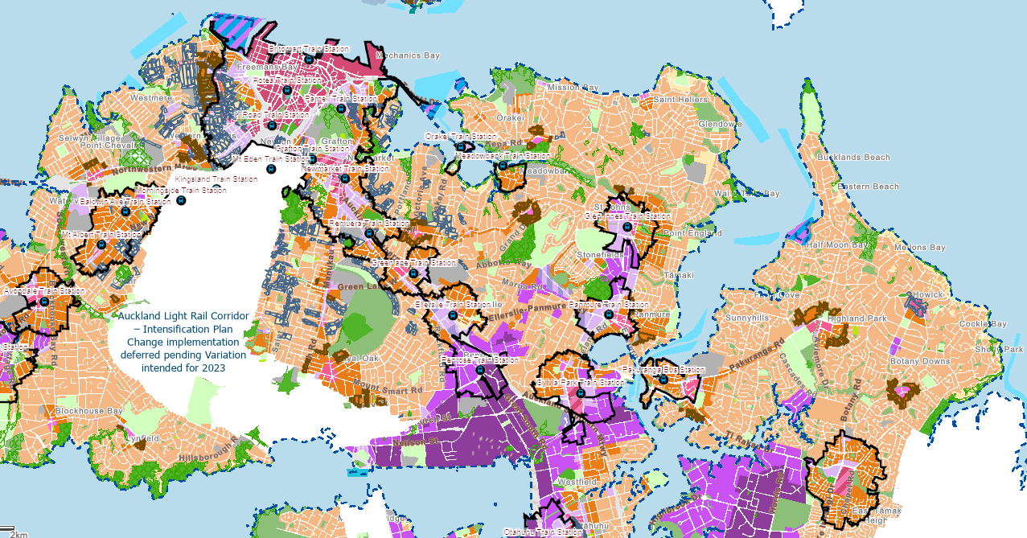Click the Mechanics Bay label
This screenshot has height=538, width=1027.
pos(408,55)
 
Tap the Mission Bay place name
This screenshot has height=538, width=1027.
pos(573,87)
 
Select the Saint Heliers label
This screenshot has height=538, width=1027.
pos(680,99)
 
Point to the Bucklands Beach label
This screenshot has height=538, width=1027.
pos(853,158)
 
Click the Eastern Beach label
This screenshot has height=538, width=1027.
pos(868,187)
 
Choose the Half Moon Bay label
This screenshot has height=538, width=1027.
pos(838,244)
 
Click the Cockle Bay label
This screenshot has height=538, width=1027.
pos(983,324)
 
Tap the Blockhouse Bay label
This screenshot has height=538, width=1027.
pos(89,411)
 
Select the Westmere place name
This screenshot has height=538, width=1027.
pos(150,98)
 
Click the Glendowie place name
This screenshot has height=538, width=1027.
pos(720,124)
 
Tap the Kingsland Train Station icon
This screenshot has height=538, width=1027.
pos(216,190)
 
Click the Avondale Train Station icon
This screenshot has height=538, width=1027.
pos(44,302)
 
